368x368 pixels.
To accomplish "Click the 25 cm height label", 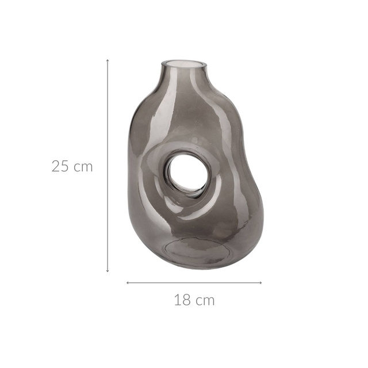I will coord(72,167).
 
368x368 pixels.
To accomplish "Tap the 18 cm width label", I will coord(194,300).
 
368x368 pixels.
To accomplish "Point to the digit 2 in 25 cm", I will coord(56,167).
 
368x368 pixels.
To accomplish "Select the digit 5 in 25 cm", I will coord(65,167).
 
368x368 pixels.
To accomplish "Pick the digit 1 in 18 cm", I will coord(178,300).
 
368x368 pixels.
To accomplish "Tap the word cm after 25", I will coord(83,167).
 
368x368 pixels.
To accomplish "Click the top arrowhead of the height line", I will coord(108,60).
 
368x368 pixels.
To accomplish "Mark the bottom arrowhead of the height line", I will coord(108,270).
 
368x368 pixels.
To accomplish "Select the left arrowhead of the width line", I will coord(128,282).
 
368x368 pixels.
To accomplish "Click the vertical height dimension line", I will coord(108,115).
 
